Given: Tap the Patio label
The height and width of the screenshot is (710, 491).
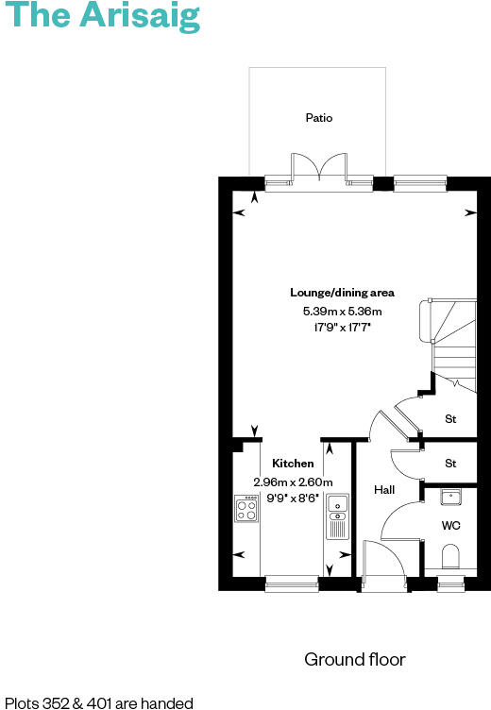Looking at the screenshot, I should click(319, 118).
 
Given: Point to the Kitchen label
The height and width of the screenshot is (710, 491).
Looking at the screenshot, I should click(293, 464).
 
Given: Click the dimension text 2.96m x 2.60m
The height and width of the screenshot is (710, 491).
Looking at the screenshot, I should click(293, 482).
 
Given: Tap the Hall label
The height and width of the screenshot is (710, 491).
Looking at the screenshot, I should click(384, 490).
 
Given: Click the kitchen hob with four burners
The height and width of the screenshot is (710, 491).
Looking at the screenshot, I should click(246, 510).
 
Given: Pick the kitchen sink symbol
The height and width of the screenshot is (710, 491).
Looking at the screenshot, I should click(337, 518).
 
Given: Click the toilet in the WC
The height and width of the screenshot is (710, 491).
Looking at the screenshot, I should click(451, 556).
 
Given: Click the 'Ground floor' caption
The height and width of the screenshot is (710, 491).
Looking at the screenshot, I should click(354, 659).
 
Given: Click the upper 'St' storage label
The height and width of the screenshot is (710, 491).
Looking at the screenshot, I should click(450, 417).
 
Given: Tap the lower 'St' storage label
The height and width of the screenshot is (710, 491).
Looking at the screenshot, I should click(450, 464).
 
